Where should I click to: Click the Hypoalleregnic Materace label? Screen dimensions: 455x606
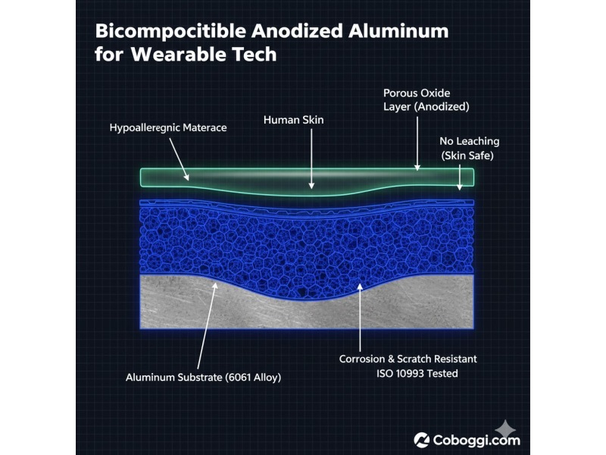pos(167,128)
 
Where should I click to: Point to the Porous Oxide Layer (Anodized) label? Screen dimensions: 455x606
pos(426,99)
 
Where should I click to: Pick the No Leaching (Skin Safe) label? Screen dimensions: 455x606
pos(470,149)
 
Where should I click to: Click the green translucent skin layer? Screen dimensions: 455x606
pos(250,177)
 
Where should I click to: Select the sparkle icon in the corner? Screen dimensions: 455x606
pos(501,428)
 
